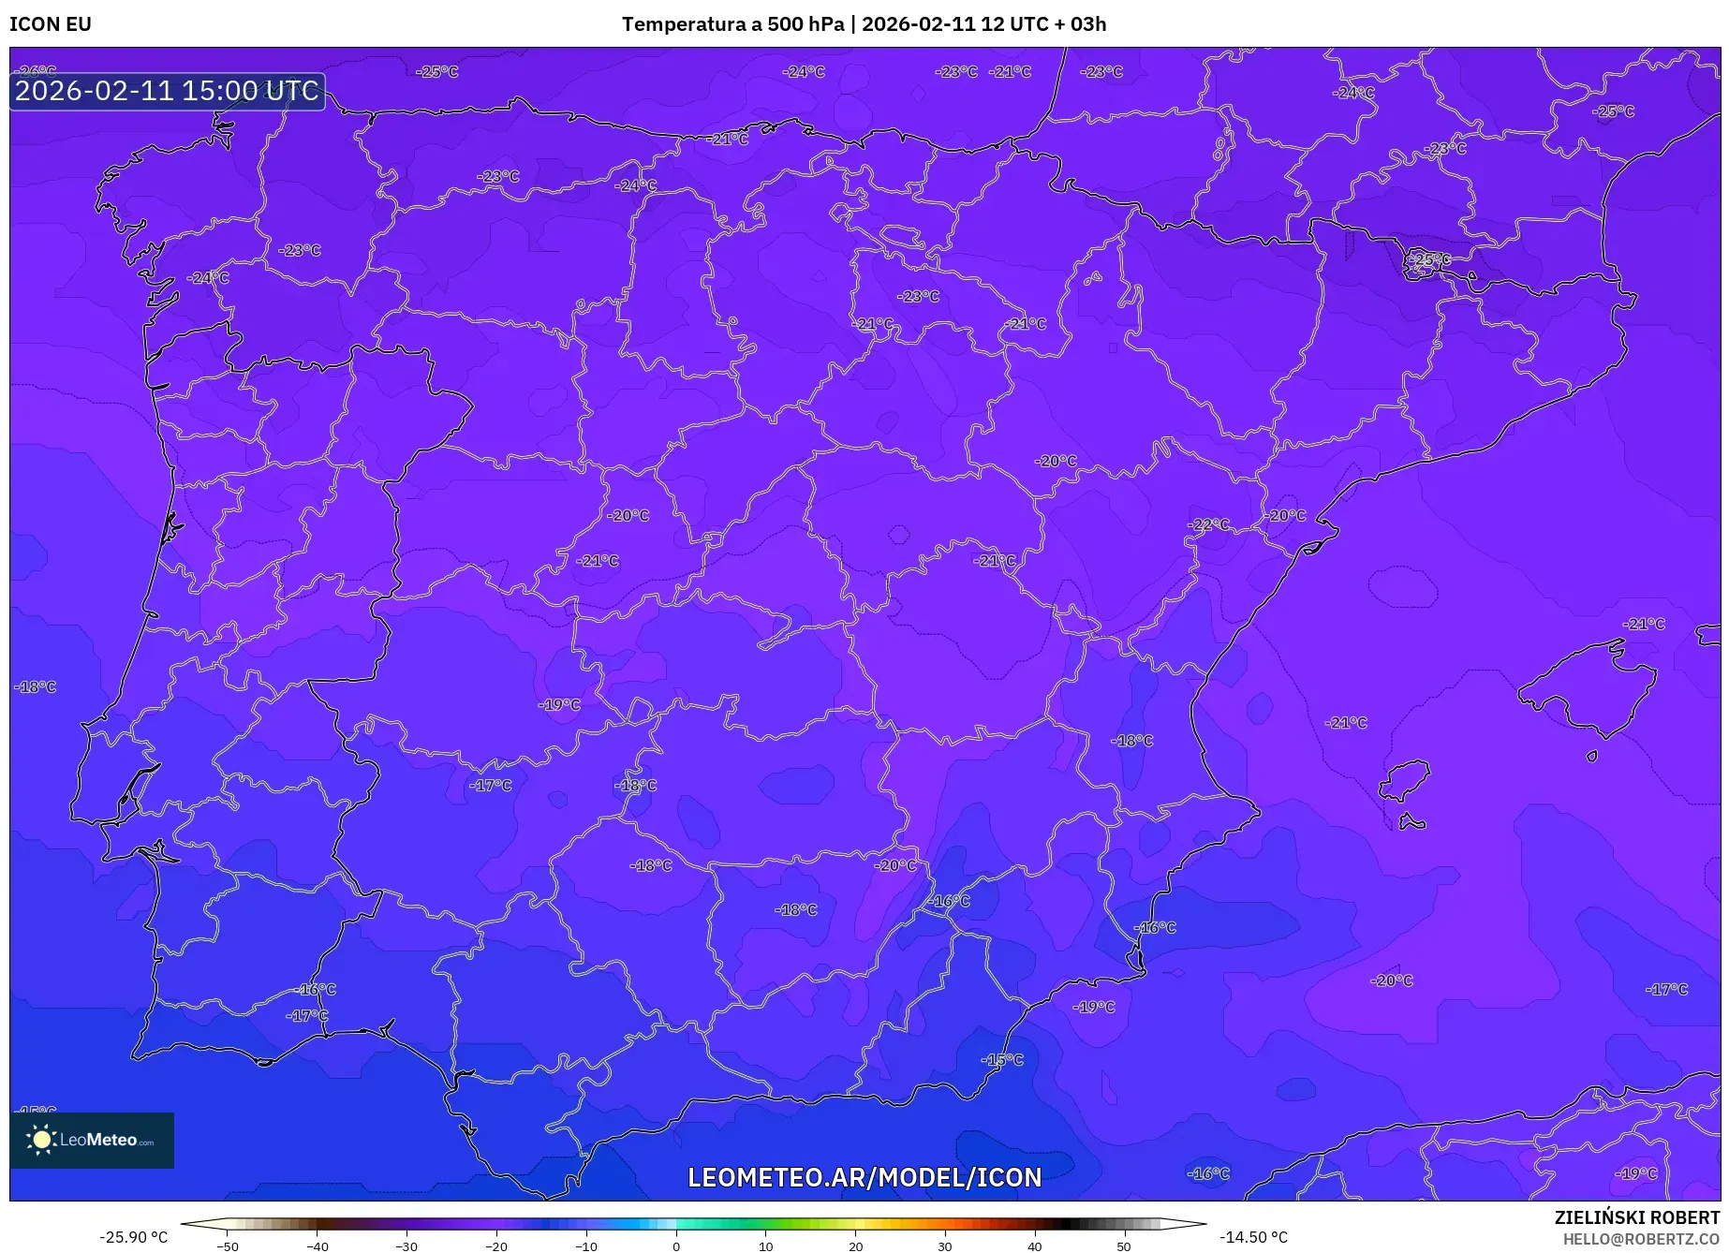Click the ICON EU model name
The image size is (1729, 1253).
click(51, 24)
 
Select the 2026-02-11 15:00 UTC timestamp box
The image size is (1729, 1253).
click(167, 91)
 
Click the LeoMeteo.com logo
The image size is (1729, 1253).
click(92, 1140)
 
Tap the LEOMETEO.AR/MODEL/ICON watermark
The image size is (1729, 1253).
click(864, 1177)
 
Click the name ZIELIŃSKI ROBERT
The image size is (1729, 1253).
click(1636, 1217)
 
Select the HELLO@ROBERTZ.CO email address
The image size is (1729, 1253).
click(1641, 1239)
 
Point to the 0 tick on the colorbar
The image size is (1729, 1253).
click(676, 1246)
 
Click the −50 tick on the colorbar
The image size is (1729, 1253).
click(228, 1246)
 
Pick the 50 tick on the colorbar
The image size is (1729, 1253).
click(1124, 1246)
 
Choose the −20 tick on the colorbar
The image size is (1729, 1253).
click(496, 1246)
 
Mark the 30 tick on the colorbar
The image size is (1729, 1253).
click(945, 1246)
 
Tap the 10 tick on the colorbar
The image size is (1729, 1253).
click(766, 1246)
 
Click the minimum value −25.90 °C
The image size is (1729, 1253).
click(133, 1237)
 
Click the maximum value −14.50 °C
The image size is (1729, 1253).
click(1253, 1237)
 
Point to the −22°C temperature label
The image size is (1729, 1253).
click(1208, 524)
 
